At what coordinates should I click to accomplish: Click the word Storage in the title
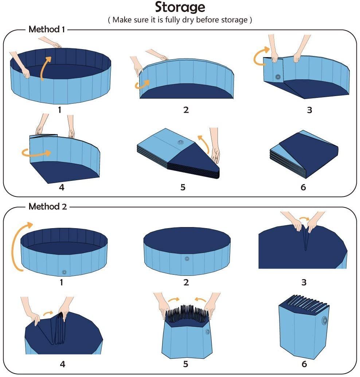pos(180,7)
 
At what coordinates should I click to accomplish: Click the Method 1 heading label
pos(47,29)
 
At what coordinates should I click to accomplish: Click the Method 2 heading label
pos(48,207)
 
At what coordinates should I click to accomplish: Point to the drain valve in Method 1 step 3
pos(278,77)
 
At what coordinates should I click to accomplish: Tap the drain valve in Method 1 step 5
pos(181,142)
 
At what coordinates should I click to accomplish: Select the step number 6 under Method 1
pos(303,187)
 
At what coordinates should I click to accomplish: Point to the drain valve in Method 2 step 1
pos(64,272)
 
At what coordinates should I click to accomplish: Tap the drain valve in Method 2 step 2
pos(187,259)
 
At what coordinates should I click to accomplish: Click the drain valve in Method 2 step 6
pos(324,320)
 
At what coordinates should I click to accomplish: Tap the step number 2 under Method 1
pos(186,110)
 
